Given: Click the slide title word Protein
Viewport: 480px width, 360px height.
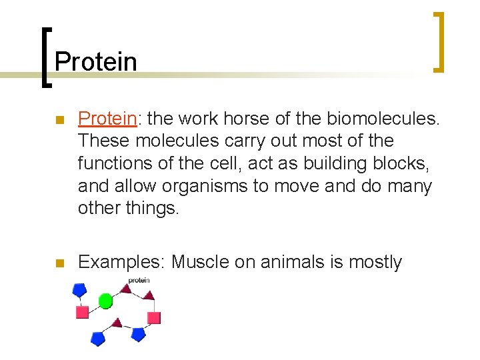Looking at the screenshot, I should click(95, 62).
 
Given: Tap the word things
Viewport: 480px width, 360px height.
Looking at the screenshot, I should click(153, 207).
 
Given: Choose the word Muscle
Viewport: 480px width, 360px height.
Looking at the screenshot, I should click(200, 263).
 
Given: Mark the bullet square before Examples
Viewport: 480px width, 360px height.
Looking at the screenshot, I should click(59, 263).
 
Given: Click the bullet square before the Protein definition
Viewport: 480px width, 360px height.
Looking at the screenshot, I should click(59, 120).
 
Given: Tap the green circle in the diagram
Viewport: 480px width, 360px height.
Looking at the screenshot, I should click(105, 301).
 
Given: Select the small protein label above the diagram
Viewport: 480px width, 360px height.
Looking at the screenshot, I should click(139, 281).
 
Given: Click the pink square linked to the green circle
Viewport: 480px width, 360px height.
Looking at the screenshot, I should click(83, 312).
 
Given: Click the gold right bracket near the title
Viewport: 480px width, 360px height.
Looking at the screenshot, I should click(439, 42).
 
